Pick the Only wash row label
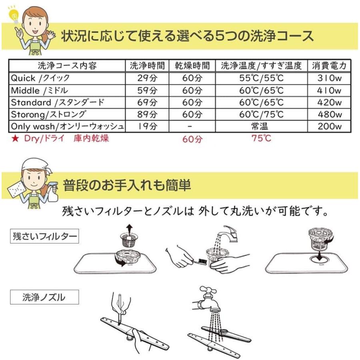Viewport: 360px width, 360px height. tap(67, 127)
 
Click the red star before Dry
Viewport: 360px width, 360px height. tap(15, 139)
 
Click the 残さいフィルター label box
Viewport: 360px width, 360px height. tap(44, 236)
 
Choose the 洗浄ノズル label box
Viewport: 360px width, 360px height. tap(44, 297)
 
